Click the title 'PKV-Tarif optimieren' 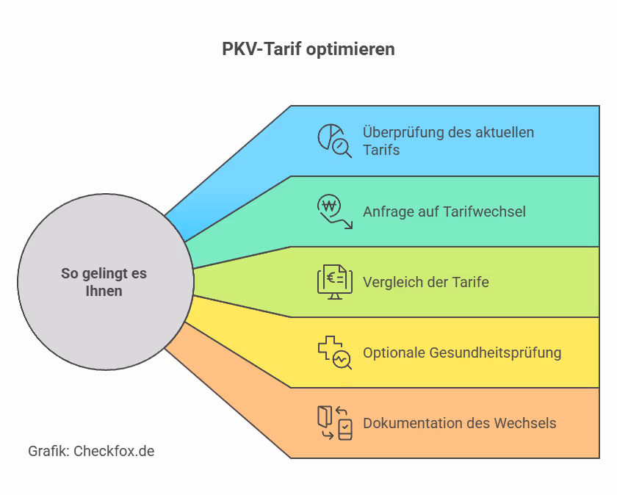tap(308, 49)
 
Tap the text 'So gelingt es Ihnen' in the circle tap(104, 282)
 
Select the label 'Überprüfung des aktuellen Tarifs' tap(448, 141)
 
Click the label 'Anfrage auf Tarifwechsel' tap(444, 212)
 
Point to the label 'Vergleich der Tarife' tap(425, 282)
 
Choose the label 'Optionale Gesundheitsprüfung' tap(462, 353)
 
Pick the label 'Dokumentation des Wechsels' tap(459, 423)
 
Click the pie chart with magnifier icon tap(334, 140)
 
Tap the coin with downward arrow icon tap(334, 211)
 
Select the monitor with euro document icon tap(334, 282)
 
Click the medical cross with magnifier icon tap(334, 352)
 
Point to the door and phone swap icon tap(334, 423)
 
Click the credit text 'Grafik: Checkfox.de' tap(91, 451)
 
